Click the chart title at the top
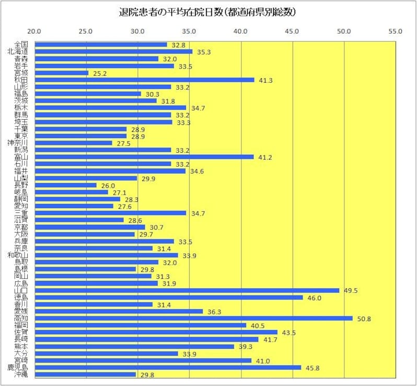point(210,11)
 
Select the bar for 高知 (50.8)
point(193,319)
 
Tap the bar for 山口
point(187,290)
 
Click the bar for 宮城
point(61,73)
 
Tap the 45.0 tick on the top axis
point(292,31)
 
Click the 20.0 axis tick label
point(34,31)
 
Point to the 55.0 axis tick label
point(396,31)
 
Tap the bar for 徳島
point(168,298)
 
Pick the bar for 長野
point(65,185)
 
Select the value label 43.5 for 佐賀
point(289,333)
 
